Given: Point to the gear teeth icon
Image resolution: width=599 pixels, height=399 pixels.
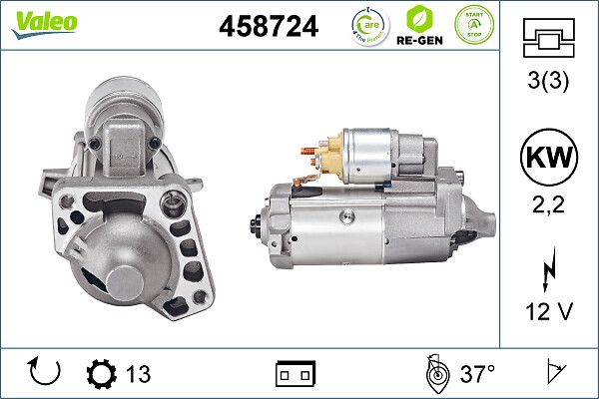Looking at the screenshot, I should (x=101, y=374).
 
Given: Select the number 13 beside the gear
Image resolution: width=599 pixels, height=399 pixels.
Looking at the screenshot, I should (x=138, y=374).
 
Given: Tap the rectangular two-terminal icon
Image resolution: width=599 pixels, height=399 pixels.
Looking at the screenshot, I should (x=295, y=374).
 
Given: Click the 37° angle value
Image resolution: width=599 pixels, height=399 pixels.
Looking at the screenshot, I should (x=478, y=374).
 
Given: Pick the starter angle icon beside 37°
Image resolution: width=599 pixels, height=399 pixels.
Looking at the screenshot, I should (x=436, y=373).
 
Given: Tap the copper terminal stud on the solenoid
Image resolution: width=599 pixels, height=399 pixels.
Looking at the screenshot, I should (x=312, y=156).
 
